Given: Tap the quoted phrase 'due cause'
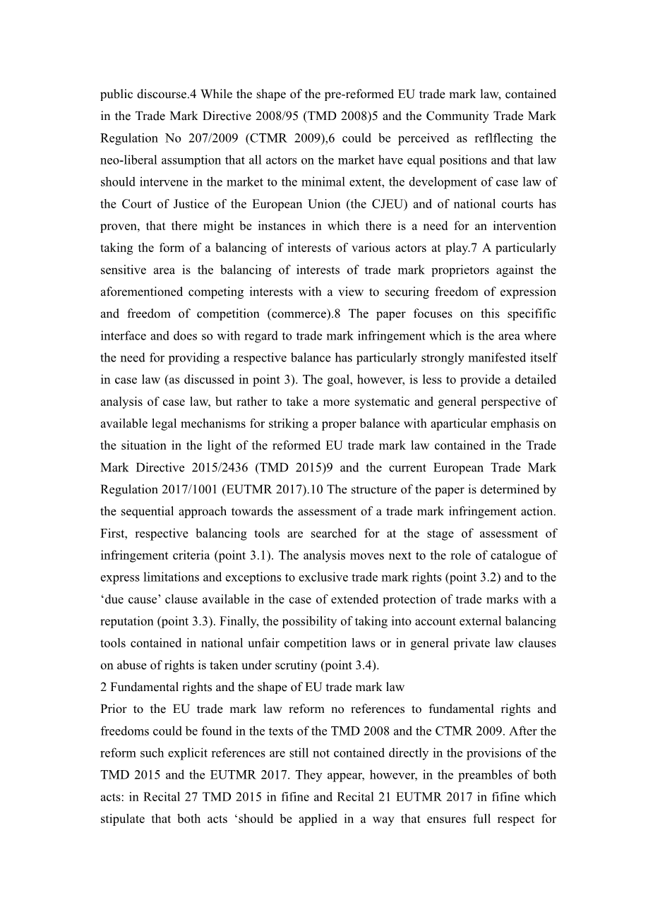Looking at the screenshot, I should pyautogui.click(x=129, y=599).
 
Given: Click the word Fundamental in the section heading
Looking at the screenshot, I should pyautogui.click(x=145, y=687).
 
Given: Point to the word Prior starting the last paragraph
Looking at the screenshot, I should pyautogui.click(x=114, y=709).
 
